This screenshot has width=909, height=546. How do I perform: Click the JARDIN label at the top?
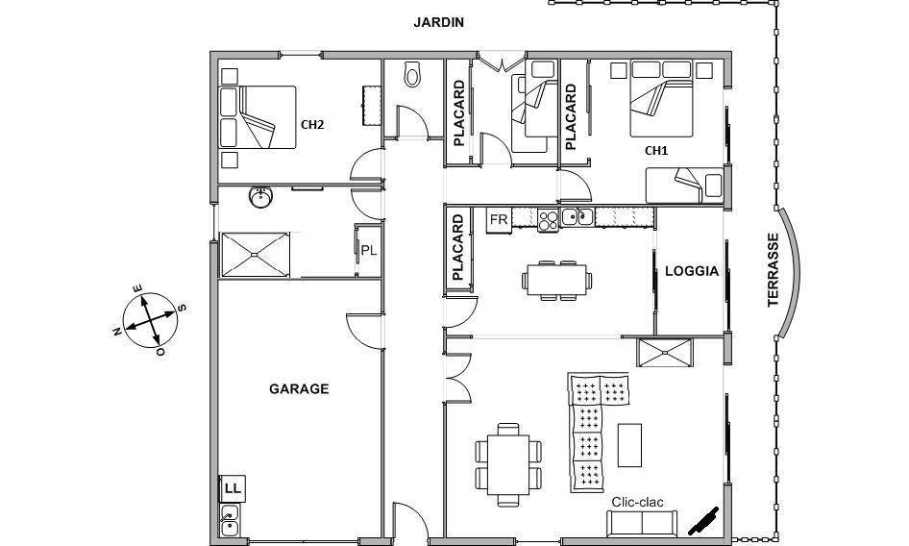(438, 23)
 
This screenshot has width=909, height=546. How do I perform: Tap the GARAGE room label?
(299, 388)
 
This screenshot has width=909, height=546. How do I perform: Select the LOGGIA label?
(692, 271)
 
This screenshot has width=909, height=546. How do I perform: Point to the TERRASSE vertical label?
(773, 270)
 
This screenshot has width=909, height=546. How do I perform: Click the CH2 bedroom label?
(312, 124)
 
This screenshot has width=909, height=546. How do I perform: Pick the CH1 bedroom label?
(656, 151)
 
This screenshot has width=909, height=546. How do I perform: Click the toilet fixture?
(412, 74)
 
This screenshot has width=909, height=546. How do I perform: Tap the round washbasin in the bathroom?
(260, 197)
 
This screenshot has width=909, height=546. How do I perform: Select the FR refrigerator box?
(499, 220)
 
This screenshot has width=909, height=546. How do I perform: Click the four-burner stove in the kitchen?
(549, 220)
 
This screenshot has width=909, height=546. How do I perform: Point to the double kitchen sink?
(577, 216)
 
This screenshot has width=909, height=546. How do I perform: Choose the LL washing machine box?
(233, 488)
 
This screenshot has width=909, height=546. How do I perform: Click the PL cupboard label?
(369, 251)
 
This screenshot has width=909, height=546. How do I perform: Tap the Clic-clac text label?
(638, 502)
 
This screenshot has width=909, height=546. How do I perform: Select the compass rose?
(151, 320)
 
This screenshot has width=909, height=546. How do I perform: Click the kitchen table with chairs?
(556, 281)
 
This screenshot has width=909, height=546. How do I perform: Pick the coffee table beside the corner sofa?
(629, 445)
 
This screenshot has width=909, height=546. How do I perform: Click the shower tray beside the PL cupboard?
(255, 255)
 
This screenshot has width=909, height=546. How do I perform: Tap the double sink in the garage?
(230, 520)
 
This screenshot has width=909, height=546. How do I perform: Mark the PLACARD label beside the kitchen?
(458, 247)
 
